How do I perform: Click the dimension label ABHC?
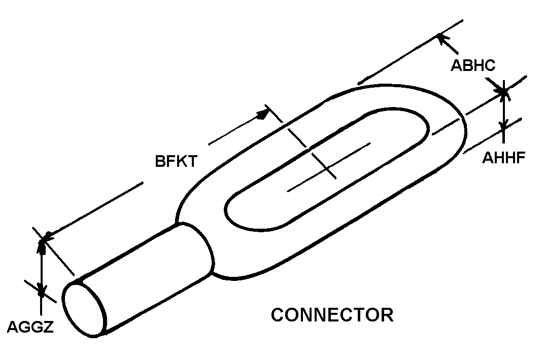pyautogui.click(x=473, y=65)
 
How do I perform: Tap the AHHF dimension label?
pyautogui.click(x=503, y=158)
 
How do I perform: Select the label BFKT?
pyautogui.click(x=176, y=161)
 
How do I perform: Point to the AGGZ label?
pyautogui.click(x=30, y=327)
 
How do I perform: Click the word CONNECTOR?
pyautogui.click(x=332, y=315)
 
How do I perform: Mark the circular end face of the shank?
pyautogui.click(x=84, y=309)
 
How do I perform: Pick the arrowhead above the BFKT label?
pyautogui.click(x=263, y=114)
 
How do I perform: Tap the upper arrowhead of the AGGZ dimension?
pyautogui.click(x=42, y=245)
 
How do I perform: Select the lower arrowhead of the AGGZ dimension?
pyautogui.click(x=42, y=291)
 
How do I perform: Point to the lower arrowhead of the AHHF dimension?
pyautogui.click(x=503, y=125)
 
